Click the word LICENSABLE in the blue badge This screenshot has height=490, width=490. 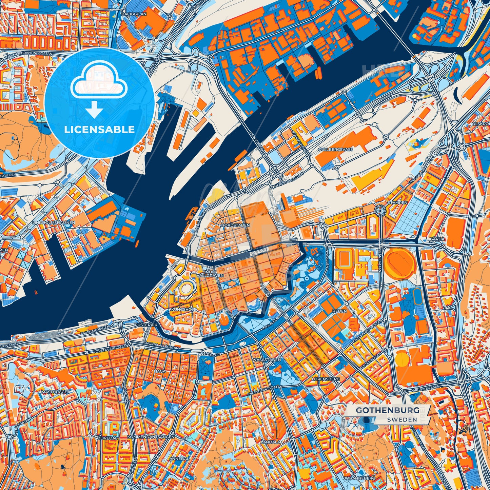click(x=99, y=130)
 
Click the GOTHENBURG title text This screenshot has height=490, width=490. click(x=388, y=410)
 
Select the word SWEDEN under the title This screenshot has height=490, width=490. click(x=402, y=419)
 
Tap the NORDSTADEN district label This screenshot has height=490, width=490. click(x=235, y=225)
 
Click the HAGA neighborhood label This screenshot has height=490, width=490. click(x=160, y=371)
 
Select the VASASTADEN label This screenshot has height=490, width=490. click(x=267, y=359)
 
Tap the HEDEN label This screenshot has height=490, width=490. click(x=339, y=311)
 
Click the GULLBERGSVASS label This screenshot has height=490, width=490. click(x=335, y=150)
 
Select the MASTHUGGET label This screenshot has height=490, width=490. click(x=55, y=392)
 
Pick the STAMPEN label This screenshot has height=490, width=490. click(x=397, y=202)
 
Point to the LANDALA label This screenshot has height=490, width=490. click(x=271, y=442)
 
